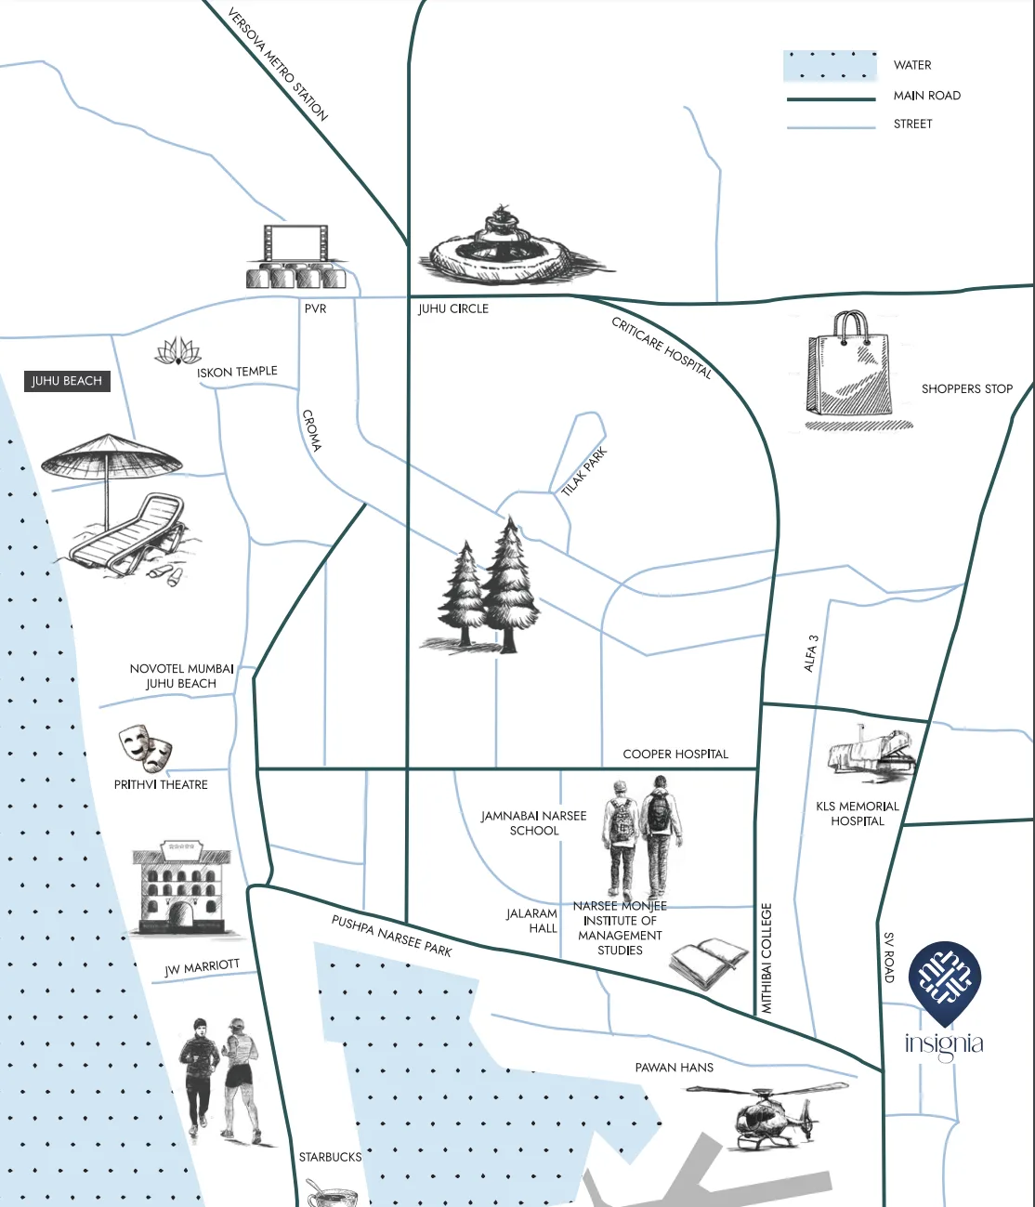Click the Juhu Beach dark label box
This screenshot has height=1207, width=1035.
67,381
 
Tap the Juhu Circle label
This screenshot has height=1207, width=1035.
453,308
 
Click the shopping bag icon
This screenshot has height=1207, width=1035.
850,367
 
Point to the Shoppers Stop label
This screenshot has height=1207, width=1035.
966,388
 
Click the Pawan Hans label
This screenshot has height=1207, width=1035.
675,1068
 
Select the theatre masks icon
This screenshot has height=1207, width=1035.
146,748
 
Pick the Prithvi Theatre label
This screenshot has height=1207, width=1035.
161,785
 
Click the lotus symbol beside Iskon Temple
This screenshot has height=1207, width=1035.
177,351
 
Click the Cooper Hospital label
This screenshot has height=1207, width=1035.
675,754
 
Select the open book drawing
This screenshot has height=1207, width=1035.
709,964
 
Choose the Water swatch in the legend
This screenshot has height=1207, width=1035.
830,66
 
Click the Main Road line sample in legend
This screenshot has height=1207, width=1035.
831,98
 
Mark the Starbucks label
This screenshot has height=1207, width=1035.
330,1157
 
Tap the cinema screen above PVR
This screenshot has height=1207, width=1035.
296,244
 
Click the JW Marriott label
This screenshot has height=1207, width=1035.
202,968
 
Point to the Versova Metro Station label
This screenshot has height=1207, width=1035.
278,64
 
